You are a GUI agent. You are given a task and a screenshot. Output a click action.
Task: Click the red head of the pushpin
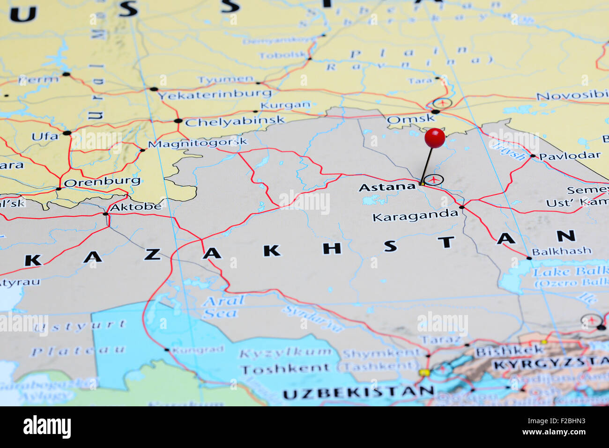[435, 138]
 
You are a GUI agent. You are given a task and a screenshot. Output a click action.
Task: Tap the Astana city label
[387, 187]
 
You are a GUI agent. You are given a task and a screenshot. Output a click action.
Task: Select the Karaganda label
[415, 216]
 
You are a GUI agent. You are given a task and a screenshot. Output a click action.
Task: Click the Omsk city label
[410, 119]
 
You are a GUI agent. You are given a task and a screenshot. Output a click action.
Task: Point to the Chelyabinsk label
[235, 122]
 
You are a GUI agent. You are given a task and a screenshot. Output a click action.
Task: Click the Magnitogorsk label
[198, 143]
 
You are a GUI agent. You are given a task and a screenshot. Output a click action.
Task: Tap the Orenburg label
[102, 181]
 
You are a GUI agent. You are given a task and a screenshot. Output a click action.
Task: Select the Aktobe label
[135, 206]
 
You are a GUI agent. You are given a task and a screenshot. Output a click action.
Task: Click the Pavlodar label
[569, 156]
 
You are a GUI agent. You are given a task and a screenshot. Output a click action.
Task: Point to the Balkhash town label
[561, 251]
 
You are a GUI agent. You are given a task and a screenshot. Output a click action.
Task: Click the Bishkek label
[509, 351]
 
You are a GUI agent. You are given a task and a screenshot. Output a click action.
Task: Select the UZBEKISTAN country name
[358, 392]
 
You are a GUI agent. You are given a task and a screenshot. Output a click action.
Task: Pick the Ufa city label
[45, 137]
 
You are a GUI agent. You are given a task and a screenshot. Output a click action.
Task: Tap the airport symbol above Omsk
[442, 103]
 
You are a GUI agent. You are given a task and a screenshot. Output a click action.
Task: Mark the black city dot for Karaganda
[461, 207]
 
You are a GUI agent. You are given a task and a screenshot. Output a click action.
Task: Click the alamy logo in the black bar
[47, 427]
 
